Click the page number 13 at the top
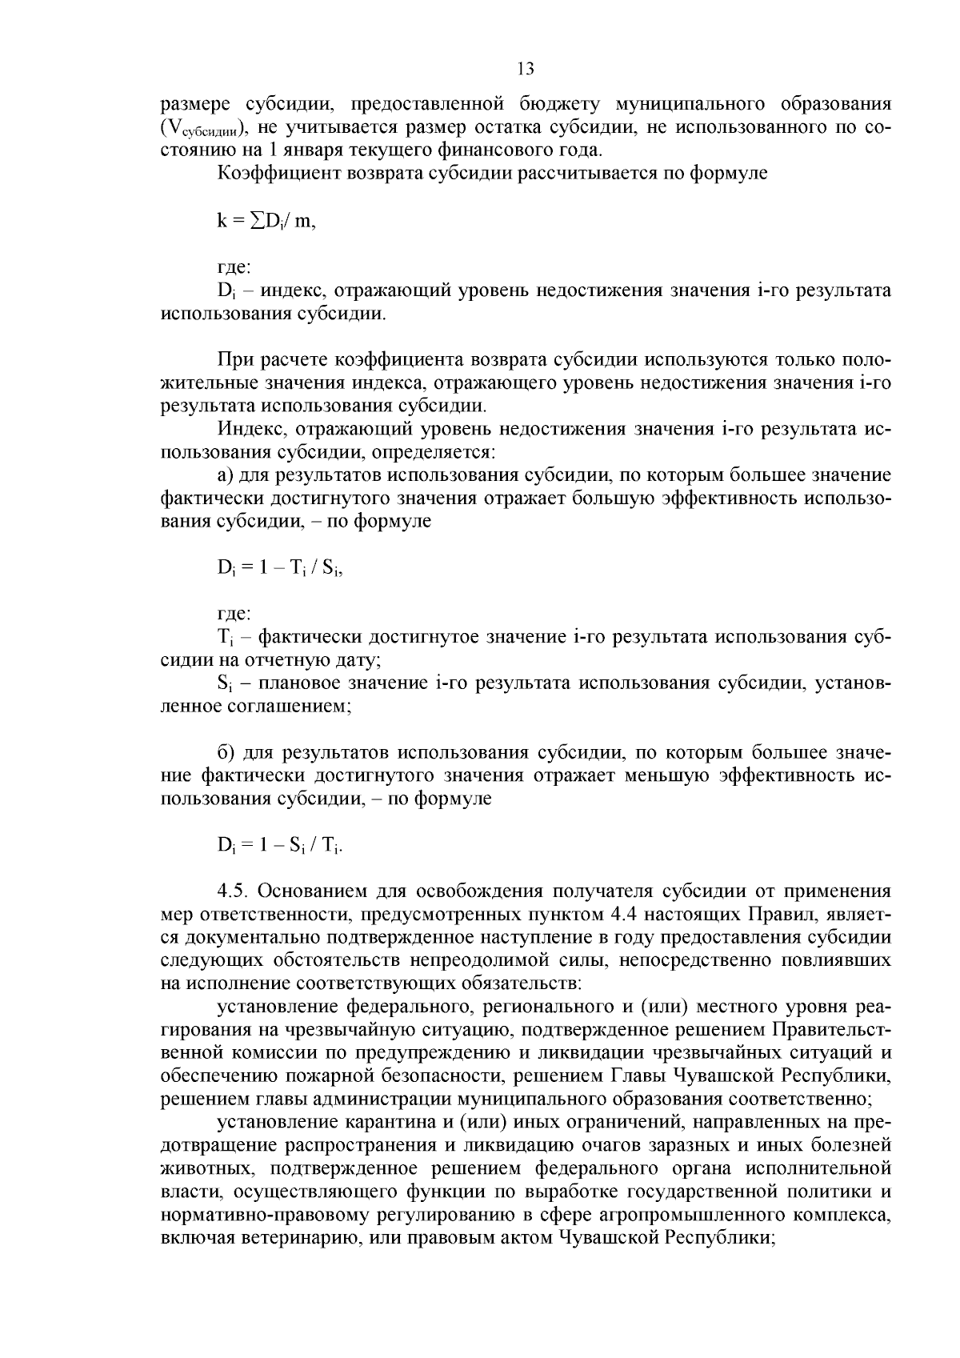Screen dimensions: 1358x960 click(x=526, y=69)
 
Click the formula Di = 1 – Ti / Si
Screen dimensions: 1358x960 click(x=280, y=569)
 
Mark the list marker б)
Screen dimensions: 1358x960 click(x=226, y=753)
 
